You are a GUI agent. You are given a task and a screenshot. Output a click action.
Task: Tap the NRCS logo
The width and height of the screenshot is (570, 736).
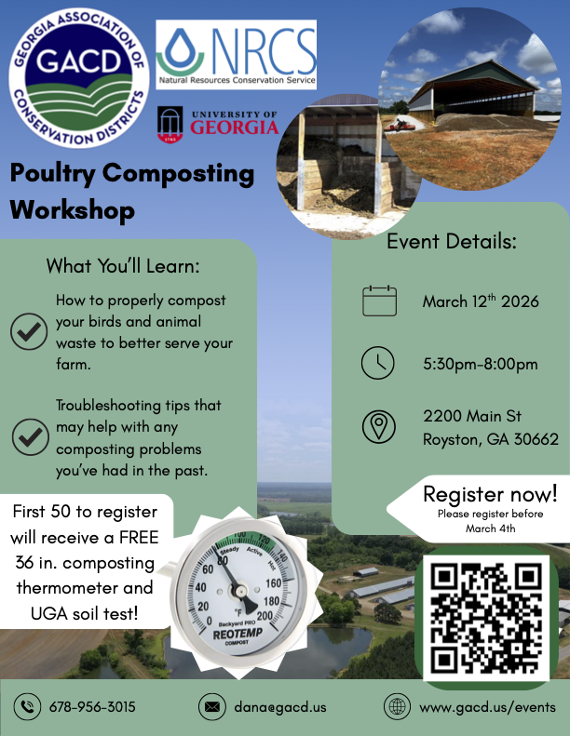coord(237,55)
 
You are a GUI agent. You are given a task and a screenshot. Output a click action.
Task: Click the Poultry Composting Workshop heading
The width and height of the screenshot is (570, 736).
coord(131,191)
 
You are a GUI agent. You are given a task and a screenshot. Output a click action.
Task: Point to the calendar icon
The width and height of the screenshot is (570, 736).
coord(379,301)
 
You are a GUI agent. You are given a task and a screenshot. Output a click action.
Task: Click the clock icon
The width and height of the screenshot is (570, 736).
coord(378,364)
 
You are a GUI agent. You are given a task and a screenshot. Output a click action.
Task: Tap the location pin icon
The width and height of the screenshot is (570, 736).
coord(378,426)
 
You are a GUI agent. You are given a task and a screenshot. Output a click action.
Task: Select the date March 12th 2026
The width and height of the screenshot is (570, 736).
coord(481,301)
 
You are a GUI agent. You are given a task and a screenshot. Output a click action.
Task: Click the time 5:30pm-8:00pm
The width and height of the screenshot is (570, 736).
coord(480,364)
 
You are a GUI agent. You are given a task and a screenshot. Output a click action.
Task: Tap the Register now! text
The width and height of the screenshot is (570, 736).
coord(490,493)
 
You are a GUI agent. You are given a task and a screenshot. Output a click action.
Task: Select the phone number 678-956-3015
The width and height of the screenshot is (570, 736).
coord(92,707)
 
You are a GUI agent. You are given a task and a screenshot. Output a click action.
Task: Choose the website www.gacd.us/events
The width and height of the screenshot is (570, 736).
coord(487,707)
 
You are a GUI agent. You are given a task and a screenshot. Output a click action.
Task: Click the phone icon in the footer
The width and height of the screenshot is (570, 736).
coord(27,707)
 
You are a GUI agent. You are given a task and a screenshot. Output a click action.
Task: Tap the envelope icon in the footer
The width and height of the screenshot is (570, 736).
coord(212,707)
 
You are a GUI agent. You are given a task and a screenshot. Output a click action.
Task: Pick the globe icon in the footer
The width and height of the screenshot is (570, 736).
coord(398,707)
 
